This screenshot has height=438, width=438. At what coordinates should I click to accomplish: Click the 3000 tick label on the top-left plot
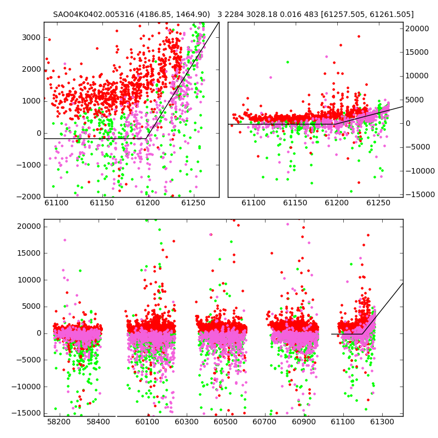click(x=31, y=37)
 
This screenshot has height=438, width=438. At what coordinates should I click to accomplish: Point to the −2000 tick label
click(x=28, y=197)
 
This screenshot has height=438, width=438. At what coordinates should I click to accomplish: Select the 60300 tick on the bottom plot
click(x=187, y=422)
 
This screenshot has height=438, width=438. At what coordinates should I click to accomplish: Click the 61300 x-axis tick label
click(x=382, y=422)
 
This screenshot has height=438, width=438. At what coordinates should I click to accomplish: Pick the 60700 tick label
click(x=264, y=422)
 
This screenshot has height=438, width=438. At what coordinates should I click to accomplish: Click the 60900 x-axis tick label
click(x=304, y=422)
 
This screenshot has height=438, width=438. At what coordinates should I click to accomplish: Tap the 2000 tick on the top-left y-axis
click(x=31, y=70)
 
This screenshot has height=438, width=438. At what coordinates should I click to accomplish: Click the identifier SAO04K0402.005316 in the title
click(x=94, y=14)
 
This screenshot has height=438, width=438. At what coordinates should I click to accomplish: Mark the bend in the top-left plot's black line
click(x=146, y=139)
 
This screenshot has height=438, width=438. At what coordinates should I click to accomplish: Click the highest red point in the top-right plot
click(x=359, y=36)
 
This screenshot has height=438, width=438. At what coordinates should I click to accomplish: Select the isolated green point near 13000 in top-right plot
click(x=287, y=62)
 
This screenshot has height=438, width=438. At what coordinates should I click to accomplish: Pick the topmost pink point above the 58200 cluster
click(x=65, y=240)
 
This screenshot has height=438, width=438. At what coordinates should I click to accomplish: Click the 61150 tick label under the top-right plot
click(x=295, y=203)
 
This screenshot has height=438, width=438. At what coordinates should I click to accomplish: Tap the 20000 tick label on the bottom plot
click(x=29, y=226)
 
